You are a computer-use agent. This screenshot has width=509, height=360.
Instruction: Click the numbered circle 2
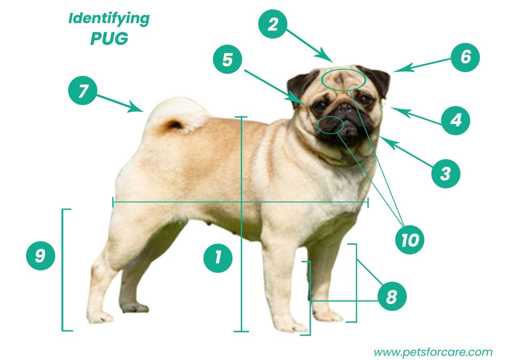pyautogui.click(x=273, y=24)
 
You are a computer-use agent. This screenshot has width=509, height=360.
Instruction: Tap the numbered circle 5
pyautogui.click(x=228, y=59)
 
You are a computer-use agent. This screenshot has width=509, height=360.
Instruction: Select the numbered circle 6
pyautogui.click(x=465, y=57)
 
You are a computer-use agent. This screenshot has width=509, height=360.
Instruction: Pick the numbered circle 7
pyautogui.click(x=83, y=90)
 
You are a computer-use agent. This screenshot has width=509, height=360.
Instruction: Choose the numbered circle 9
pyautogui.click(x=41, y=256)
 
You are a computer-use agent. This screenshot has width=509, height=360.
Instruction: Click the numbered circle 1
pyautogui.click(x=218, y=258)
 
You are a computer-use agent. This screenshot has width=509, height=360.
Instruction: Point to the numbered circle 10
pyautogui.click(x=410, y=240)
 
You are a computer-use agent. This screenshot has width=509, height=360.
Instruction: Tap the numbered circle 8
pyautogui.click(x=392, y=296)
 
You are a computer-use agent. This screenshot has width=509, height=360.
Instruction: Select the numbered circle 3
pyautogui.click(x=446, y=174)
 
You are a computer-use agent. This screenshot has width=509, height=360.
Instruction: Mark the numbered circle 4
pyautogui.click(x=455, y=121)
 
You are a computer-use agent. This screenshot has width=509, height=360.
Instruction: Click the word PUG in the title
pyautogui.click(x=109, y=39)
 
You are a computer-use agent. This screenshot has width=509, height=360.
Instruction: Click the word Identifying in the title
pyautogui.click(x=109, y=19)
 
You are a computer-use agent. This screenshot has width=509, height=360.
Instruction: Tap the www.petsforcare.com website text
pyautogui.click(x=433, y=352)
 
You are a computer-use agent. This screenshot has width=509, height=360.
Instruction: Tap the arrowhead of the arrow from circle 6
pyautogui.click(x=402, y=68)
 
